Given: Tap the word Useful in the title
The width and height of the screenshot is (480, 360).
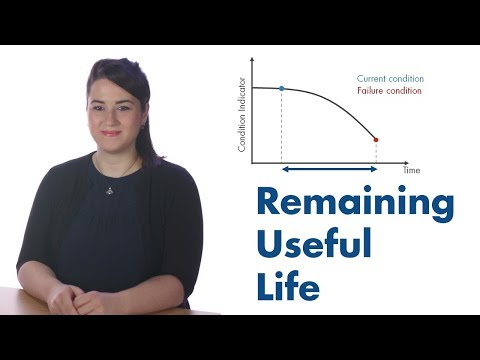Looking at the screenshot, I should [313, 244].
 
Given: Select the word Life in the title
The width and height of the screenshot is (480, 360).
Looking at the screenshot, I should [288, 283].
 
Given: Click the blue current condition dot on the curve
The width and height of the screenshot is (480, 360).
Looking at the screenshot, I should [282, 89].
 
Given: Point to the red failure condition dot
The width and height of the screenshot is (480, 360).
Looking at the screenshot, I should [376, 139].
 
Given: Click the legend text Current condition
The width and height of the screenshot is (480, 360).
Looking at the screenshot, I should [390, 78].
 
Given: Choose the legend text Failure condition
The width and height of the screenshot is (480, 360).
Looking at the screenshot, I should [389, 91].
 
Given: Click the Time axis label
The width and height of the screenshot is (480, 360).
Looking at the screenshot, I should [411, 171].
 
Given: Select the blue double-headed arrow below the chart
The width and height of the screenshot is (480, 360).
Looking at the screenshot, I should [329, 171].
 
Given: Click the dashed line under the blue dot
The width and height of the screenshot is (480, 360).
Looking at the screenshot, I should [282, 125].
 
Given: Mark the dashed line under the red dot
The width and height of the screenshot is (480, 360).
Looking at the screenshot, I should [376, 151].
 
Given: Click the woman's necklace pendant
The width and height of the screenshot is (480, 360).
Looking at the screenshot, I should [109, 189].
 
